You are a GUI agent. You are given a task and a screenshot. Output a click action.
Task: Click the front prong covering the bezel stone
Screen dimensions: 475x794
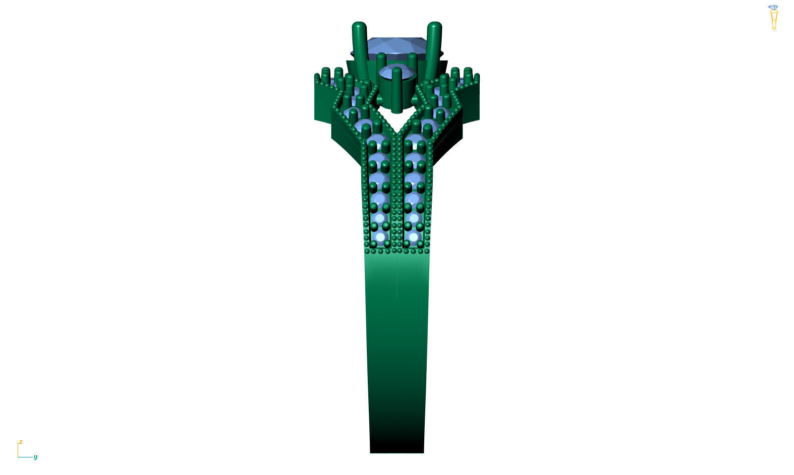pyautogui.click(x=397, y=89)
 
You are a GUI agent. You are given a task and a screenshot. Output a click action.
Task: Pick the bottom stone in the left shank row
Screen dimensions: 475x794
pyautogui.click(x=380, y=237)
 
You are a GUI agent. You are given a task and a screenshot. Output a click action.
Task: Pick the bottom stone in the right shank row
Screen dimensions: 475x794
pyautogui.click(x=413, y=237)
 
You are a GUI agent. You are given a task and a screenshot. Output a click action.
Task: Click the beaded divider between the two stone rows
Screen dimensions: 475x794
pyautogui.click(x=397, y=198)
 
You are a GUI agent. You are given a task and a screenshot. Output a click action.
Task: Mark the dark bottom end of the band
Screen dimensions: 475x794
pyautogui.click(x=397, y=444)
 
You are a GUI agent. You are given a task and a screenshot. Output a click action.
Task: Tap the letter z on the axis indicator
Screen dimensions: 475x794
pyautogui.click(x=21, y=442)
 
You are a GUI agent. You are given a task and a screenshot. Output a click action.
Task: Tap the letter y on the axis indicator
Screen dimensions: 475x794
pyautogui.click(x=35, y=457)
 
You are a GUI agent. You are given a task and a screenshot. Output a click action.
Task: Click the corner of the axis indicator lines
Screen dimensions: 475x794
pyautogui.click(x=18, y=457)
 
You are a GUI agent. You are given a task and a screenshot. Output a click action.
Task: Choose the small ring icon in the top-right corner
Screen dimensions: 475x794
pyautogui.click(x=773, y=18)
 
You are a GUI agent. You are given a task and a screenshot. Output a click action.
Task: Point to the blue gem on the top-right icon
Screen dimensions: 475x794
pyautogui.click(x=773, y=7)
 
